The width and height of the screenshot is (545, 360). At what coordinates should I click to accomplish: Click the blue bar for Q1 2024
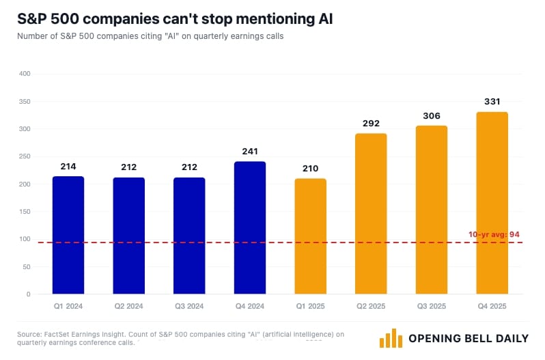click(x=68, y=235)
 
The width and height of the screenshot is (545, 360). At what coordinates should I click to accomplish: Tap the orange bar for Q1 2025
click(x=310, y=236)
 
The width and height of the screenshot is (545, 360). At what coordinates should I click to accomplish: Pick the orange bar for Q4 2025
click(x=492, y=203)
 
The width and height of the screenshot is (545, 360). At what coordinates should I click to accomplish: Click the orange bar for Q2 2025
click(x=371, y=214)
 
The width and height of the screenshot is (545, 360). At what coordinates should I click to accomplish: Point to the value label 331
click(x=492, y=101)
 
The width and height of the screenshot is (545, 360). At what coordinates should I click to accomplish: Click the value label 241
click(x=250, y=151)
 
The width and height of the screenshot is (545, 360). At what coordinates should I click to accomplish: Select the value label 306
click(x=431, y=115)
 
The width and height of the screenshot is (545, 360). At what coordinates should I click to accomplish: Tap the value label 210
click(x=310, y=168)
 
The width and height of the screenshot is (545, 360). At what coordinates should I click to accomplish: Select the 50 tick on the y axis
click(x=27, y=267)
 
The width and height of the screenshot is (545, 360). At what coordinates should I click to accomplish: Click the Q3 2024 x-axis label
click(x=189, y=306)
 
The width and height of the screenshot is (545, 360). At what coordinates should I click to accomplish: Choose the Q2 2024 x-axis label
click(x=128, y=306)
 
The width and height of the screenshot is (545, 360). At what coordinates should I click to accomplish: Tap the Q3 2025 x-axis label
click(x=431, y=306)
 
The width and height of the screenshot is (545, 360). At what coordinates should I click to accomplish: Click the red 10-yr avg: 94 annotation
click(x=494, y=234)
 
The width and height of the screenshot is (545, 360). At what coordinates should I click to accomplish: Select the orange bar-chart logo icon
click(x=389, y=338)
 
